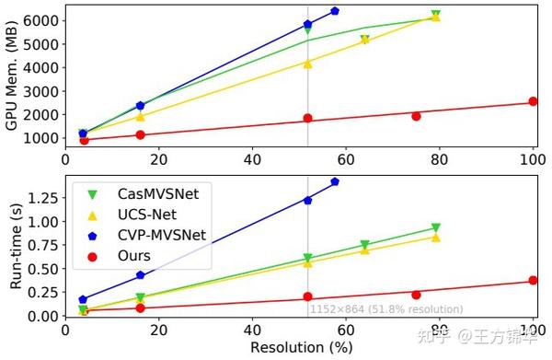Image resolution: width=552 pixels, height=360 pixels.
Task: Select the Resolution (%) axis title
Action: tap(297, 348)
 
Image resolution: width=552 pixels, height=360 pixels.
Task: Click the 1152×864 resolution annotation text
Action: tap(385, 309)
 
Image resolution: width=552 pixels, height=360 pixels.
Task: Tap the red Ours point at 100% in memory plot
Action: tap(533, 101)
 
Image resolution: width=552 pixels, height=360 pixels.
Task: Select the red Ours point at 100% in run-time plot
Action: tap(533, 281)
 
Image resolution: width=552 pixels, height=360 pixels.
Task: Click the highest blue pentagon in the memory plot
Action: tap(335, 11)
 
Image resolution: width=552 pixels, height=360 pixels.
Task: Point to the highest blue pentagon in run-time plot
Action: tap(335, 181)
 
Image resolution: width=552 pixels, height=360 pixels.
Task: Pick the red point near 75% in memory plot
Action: tap(416, 116)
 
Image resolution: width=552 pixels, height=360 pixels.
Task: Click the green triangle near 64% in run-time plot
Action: tap(365, 246)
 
